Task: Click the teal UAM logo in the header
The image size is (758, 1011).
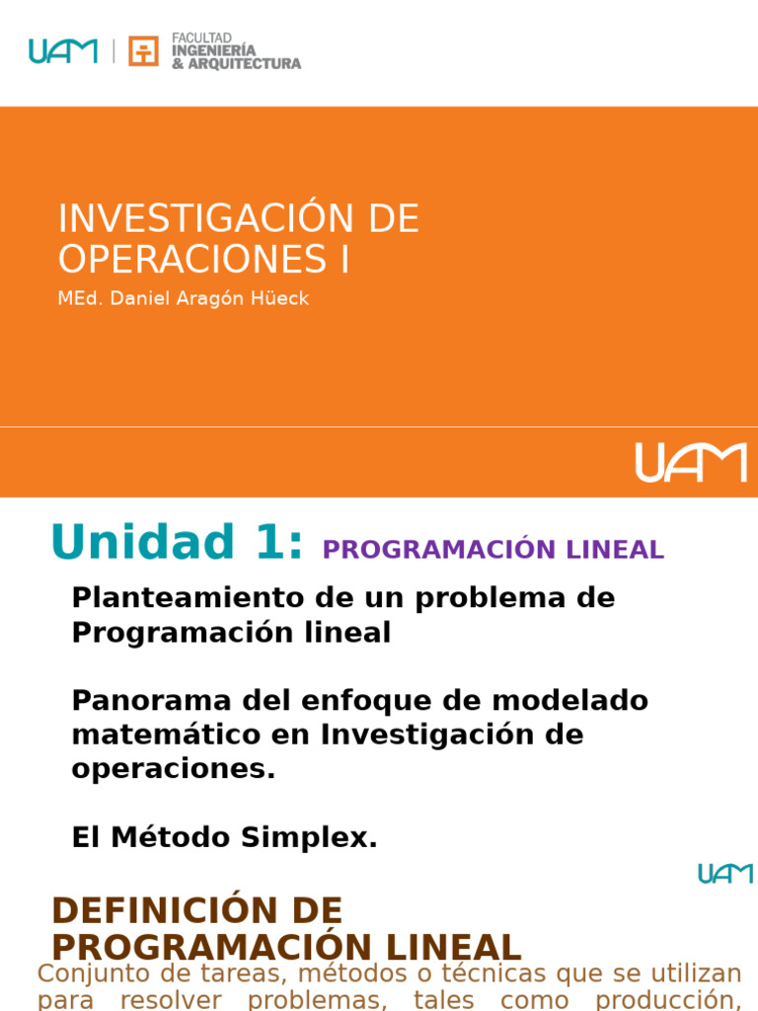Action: click(x=63, y=50)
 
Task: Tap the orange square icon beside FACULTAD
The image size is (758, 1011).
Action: click(x=143, y=51)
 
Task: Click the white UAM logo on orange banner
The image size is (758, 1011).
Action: click(x=691, y=462)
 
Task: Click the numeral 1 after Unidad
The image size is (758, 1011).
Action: click(x=275, y=542)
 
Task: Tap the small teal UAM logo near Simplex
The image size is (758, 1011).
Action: click(x=725, y=874)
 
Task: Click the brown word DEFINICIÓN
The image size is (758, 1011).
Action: click(x=196, y=910)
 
